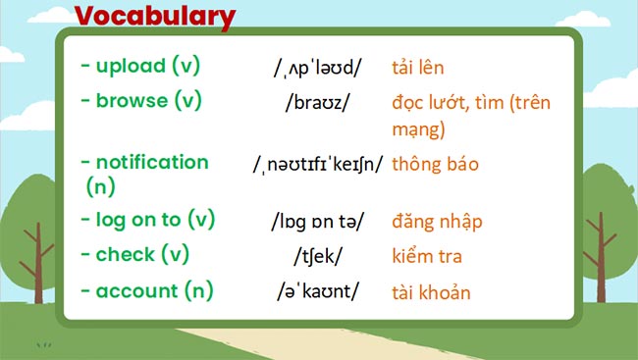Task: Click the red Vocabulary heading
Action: (x=155, y=17)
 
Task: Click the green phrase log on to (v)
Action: (x=147, y=220)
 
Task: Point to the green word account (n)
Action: (x=147, y=291)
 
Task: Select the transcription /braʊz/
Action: (x=318, y=102)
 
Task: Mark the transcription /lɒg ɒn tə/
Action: (x=318, y=222)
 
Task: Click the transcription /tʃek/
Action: (x=318, y=257)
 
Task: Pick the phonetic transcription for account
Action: (x=318, y=292)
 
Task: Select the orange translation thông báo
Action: (x=435, y=164)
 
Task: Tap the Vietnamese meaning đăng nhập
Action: (x=437, y=222)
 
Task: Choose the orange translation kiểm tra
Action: (x=427, y=257)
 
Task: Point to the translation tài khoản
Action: (x=431, y=292)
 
